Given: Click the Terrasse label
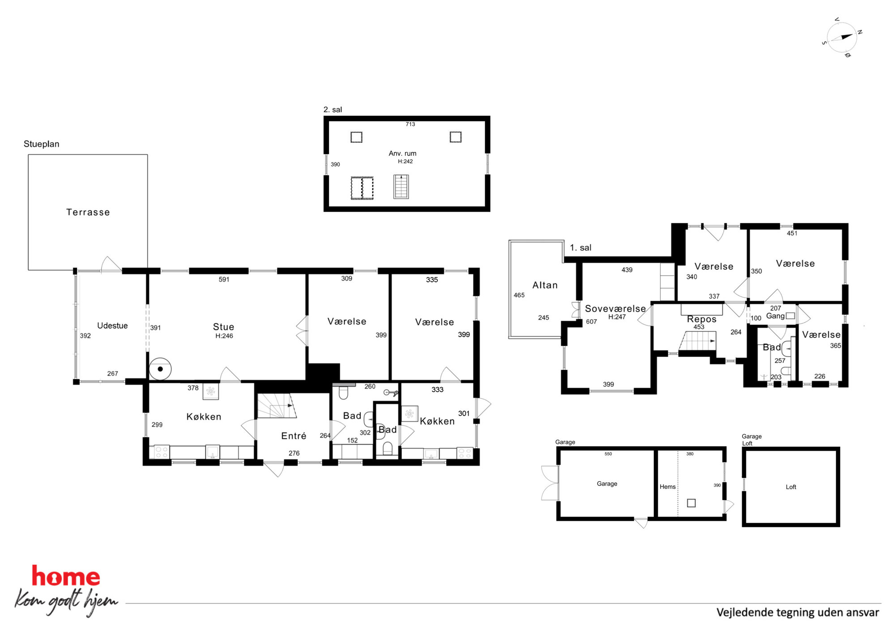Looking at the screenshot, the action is pos(88,212).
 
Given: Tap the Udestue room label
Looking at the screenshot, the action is pos(112,325).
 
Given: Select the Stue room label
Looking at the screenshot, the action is pos(223,327).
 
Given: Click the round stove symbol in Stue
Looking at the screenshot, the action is pos(160,369).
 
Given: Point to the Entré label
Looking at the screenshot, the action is pos(294,436).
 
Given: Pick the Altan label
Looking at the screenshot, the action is pos(545,285).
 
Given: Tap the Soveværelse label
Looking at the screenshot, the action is pos(615,308).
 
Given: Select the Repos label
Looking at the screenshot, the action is pos(701,319).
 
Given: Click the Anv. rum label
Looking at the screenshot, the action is pos(402,153).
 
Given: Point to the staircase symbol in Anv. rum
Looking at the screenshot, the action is pos(401,186).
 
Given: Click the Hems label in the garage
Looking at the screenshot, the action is pos(667,487).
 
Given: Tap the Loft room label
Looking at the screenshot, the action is pos(791,487).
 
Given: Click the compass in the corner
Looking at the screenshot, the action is pos(841,38).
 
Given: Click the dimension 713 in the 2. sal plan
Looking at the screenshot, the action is pos(410,124).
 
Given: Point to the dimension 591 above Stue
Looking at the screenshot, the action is pos(224,279).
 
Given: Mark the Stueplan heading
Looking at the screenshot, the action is pos(41,144).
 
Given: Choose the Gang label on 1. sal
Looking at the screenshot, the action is pos(775,316).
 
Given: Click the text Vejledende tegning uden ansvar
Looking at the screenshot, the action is pos(798,612).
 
